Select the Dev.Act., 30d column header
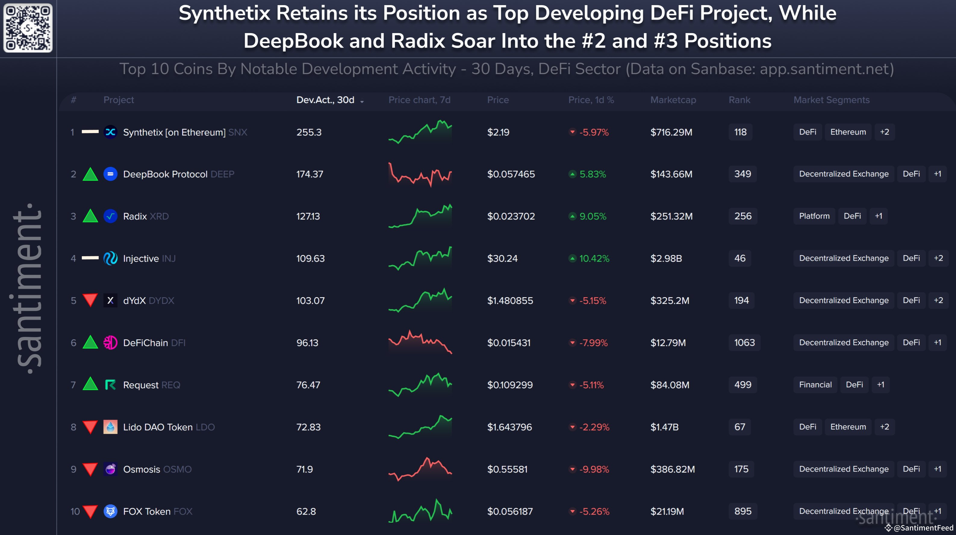[x=325, y=100]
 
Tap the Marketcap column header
[x=673, y=100]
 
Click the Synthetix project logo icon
[x=110, y=132]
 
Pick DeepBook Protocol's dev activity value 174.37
[x=310, y=174]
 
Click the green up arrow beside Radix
[x=90, y=216]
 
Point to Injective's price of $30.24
[x=502, y=258]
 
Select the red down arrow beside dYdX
[x=90, y=300]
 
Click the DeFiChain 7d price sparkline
[x=420, y=342]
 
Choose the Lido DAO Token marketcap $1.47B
[x=664, y=427]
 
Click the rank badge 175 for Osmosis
[x=741, y=469]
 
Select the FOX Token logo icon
[x=110, y=511]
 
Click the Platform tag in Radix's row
[x=814, y=216]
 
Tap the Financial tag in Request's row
[x=815, y=385]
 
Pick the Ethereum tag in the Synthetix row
[x=848, y=132]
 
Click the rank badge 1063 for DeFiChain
[x=744, y=342]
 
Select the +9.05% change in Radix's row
[x=592, y=216]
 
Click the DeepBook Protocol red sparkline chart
[x=420, y=174]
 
